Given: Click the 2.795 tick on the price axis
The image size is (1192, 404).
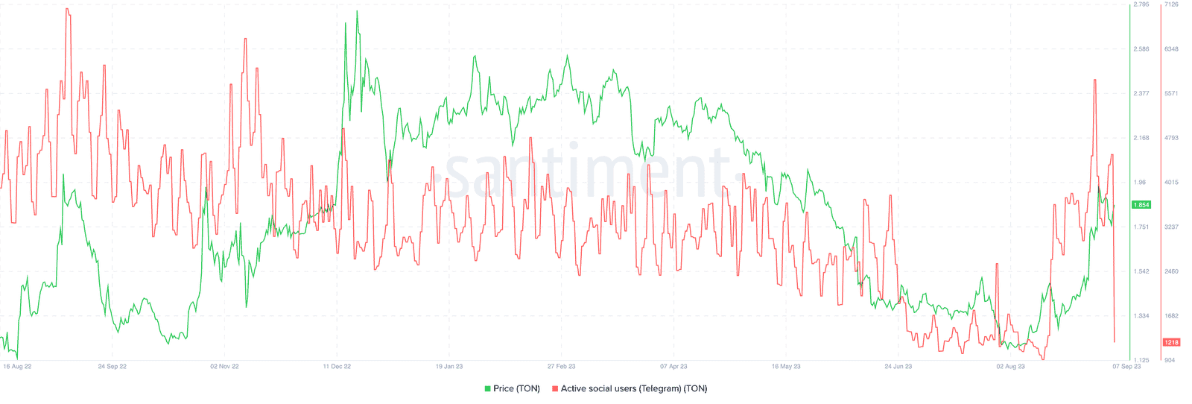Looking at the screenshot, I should click(x=1141, y=4).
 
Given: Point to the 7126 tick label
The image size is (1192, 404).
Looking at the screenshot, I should click(x=1171, y=4).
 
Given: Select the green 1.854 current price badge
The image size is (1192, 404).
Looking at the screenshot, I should click(x=1141, y=205).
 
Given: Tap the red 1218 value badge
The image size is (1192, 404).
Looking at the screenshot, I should click(x=1171, y=343).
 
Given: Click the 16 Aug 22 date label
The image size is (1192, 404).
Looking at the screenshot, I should click(x=17, y=367).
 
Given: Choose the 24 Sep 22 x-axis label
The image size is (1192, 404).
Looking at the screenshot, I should click(x=112, y=367).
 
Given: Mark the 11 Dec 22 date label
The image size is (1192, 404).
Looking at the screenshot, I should click(x=337, y=367).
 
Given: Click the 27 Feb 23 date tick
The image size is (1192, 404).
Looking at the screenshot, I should click(x=561, y=367).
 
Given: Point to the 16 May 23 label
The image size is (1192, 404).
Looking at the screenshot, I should click(x=786, y=367).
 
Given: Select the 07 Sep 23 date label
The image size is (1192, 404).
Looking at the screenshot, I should click(x=1126, y=367).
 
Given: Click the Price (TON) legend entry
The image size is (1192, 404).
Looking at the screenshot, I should click(x=516, y=388).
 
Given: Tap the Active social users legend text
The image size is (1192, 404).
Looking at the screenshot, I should click(x=634, y=388).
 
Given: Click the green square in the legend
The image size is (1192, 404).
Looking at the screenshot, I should click(x=488, y=388).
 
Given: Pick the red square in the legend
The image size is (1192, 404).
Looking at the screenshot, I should click(x=555, y=388).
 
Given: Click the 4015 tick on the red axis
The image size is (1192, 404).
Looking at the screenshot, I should click(x=1171, y=183).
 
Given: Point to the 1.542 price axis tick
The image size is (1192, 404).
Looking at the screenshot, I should click(x=1141, y=271).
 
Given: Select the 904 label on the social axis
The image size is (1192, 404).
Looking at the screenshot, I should click(x=1170, y=361).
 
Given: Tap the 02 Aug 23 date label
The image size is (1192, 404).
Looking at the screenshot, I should click(x=1011, y=367).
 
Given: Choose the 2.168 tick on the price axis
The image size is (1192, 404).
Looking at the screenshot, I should click(x=1141, y=138).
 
